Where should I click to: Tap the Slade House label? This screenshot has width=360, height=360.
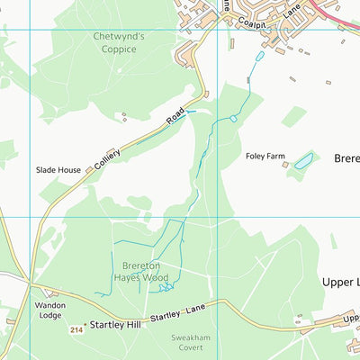58,169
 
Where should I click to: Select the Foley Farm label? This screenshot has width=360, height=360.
265,156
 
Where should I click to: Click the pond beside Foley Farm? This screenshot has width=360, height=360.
302,160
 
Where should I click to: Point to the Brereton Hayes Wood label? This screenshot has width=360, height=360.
140,272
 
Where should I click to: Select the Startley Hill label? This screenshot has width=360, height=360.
116,324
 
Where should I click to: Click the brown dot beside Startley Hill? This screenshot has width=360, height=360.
86,324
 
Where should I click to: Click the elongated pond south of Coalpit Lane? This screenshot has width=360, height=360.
259,57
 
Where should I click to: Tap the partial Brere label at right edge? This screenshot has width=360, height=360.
346,157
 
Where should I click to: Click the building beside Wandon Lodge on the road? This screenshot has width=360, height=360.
51,293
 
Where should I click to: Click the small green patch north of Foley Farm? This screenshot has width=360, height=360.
293,116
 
